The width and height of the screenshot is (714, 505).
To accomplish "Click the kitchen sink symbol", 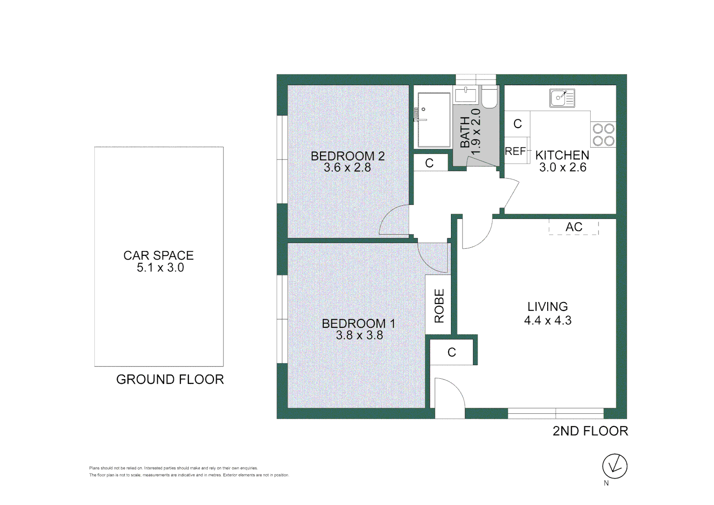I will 562,98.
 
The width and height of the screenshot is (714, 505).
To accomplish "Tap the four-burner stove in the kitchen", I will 603,135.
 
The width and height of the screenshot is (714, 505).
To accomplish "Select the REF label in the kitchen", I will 515,151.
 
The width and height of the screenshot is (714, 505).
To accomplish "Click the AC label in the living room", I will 574,227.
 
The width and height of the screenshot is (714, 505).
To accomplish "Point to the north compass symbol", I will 614,466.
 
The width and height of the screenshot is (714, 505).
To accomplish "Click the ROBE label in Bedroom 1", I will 439,306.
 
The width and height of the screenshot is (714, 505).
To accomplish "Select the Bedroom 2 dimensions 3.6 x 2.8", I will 347,168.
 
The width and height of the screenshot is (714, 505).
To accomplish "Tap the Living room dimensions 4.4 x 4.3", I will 548,321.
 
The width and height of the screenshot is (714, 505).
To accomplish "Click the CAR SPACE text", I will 158,256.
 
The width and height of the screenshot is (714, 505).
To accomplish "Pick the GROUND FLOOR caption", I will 170,380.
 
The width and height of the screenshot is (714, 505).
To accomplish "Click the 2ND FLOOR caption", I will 590,431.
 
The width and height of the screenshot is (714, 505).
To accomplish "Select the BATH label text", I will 465,132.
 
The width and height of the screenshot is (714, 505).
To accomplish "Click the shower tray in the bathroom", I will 434,120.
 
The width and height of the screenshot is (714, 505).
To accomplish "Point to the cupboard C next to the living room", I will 451,353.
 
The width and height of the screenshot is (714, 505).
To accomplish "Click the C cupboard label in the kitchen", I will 517,124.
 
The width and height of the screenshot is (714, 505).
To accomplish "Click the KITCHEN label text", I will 562,155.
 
